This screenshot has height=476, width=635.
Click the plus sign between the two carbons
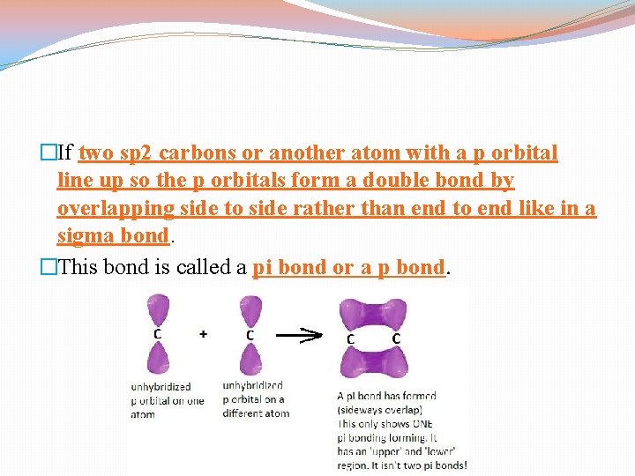click(x=204, y=334)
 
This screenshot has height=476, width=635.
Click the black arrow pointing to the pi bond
click(x=301, y=335)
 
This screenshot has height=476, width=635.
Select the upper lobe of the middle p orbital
click(x=250, y=313)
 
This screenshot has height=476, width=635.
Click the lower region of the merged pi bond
click(x=374, y=362)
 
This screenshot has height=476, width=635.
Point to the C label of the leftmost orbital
click(x=158, y=334)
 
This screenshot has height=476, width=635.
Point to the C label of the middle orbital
click(x=250, y=335)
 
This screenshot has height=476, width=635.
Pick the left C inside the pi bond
click(x=351, y=338)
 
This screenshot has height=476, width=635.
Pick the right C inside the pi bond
click(x=396, y=338)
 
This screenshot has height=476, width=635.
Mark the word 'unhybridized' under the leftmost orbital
click(x=161, y=386)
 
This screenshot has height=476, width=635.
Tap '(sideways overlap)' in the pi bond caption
click(x=379, y=410)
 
